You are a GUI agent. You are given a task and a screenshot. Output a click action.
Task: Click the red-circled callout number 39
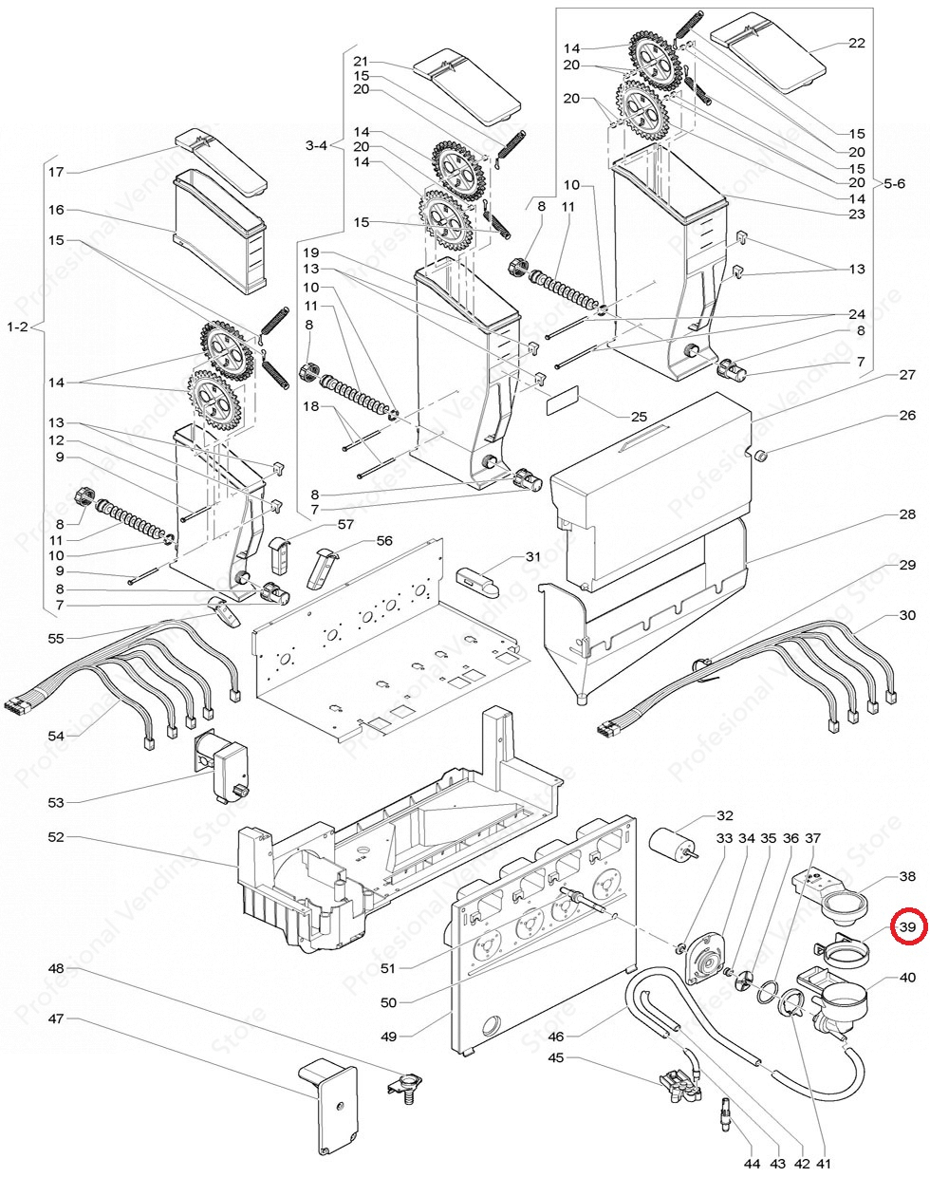907,926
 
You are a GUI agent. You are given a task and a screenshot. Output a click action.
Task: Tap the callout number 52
56,837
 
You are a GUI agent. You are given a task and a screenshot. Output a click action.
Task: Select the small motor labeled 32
671,841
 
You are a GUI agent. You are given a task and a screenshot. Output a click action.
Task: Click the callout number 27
907,375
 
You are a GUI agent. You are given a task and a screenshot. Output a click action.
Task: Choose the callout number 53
56,802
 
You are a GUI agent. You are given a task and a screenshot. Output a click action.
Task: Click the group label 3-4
316,145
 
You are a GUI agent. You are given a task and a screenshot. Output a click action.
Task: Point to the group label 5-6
895,181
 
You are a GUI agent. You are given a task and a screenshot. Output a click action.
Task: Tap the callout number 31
532,556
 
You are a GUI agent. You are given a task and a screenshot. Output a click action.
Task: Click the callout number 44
753,1163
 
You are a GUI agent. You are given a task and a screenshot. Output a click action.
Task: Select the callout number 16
56,210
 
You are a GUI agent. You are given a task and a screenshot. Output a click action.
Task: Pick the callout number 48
56,968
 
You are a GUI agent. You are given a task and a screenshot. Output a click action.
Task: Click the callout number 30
907,615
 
